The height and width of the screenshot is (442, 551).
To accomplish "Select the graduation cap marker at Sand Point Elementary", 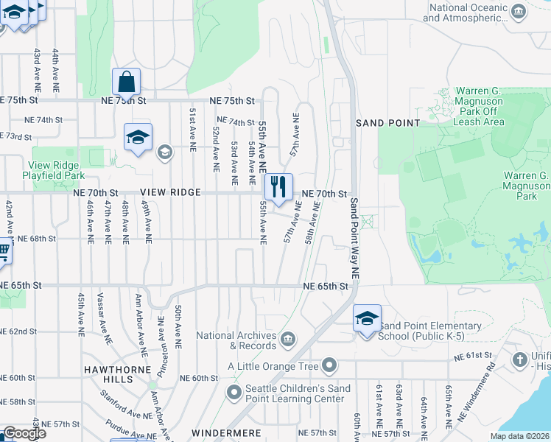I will click(367, 319).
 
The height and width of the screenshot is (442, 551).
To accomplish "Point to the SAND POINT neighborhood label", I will click(387, 123).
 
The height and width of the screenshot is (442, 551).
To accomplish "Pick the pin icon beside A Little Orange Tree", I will click(329, 365).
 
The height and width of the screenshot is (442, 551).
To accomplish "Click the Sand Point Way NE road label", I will click(354, 237).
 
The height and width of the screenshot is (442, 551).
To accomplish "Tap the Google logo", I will click(24, 433).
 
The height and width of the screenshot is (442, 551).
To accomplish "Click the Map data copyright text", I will click(519, 436).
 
